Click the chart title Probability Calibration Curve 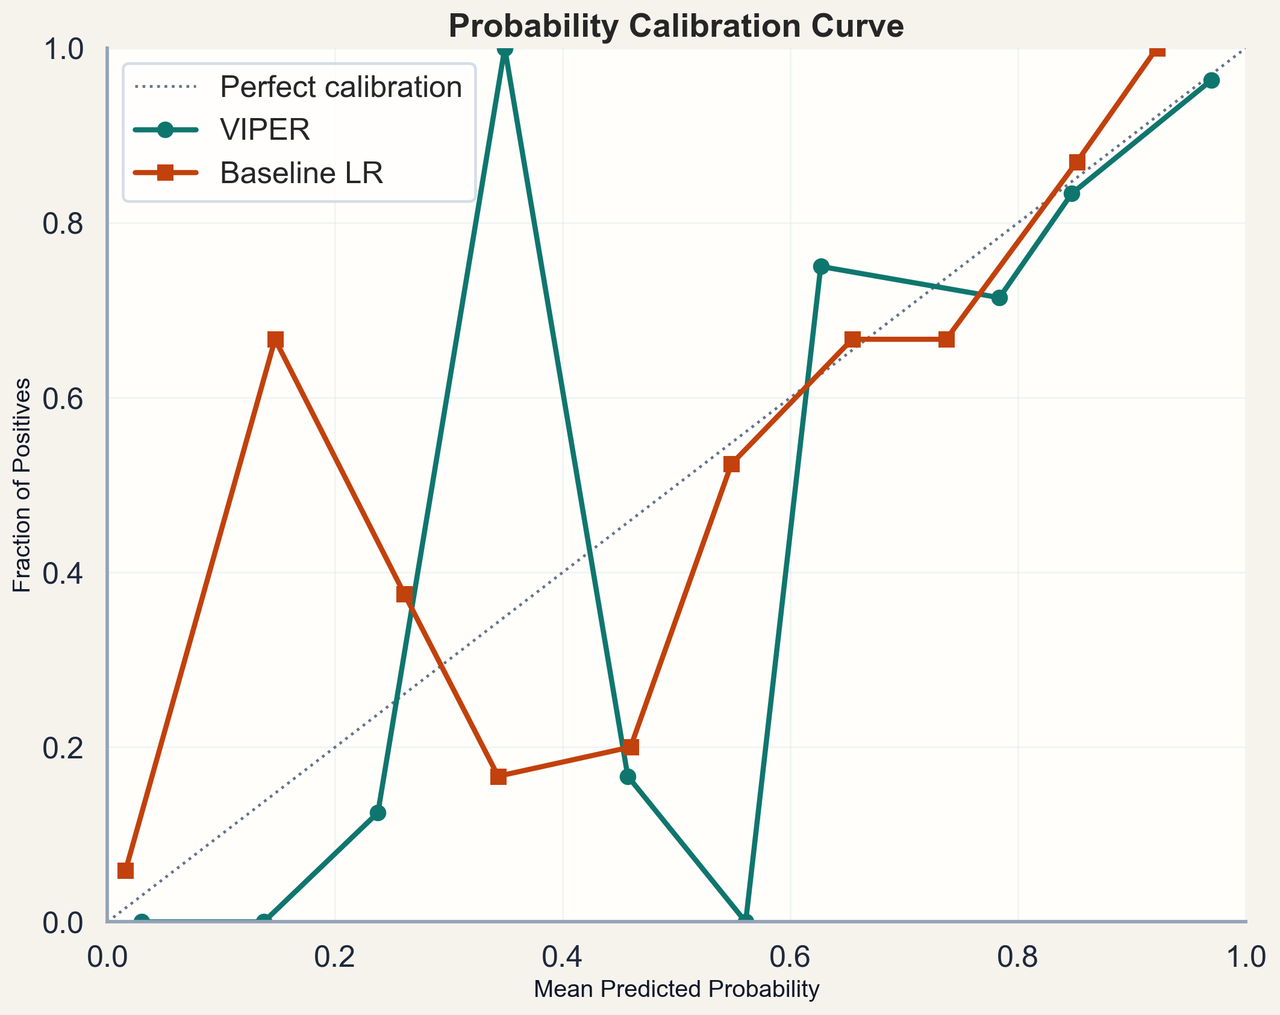[676, 27]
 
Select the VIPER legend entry [264, 130]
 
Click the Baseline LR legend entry [301, 173]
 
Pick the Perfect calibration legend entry [340, 87]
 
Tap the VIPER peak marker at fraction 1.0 [505, 49]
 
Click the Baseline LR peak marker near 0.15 [275, 340]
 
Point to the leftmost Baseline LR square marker [125, 870]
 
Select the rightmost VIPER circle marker [1211, 80]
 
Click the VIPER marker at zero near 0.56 [746, 921]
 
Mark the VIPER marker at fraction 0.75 [821, 266]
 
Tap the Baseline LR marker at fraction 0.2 [631, 747]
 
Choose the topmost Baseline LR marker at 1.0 [1157, 49]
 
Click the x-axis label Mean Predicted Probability [676, 989]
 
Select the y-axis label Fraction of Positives [22, 485]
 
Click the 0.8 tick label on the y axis [63, 223]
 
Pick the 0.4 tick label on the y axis [63, 573]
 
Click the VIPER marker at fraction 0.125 [378, 813]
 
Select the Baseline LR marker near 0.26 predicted [405, 594]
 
